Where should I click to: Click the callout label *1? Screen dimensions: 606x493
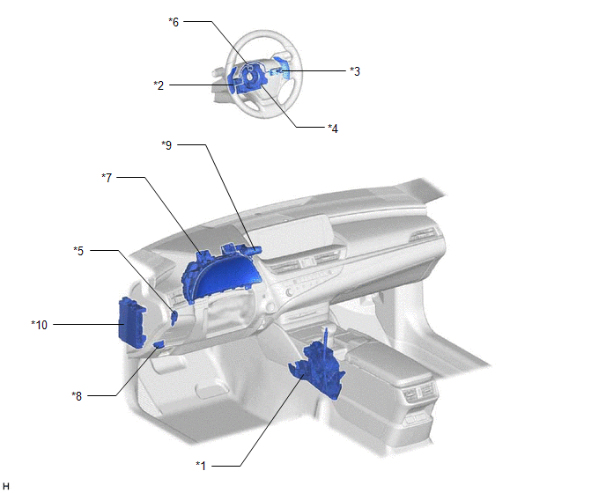tap(201, 466)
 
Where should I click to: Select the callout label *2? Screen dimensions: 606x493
tap(159, 85)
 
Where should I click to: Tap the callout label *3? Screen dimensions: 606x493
tap(355, 71)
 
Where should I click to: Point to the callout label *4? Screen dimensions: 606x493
tap(333, 129)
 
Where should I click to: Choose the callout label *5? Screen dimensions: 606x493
tap(78, 251)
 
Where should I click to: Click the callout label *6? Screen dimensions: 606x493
tap(174, 22)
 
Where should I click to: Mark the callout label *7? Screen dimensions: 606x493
tap(107, 177)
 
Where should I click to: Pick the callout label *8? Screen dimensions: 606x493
tap(77, 395)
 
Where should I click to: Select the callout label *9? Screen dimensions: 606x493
tap(166, 145)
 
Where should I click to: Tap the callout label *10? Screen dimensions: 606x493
tap(40, 325)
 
